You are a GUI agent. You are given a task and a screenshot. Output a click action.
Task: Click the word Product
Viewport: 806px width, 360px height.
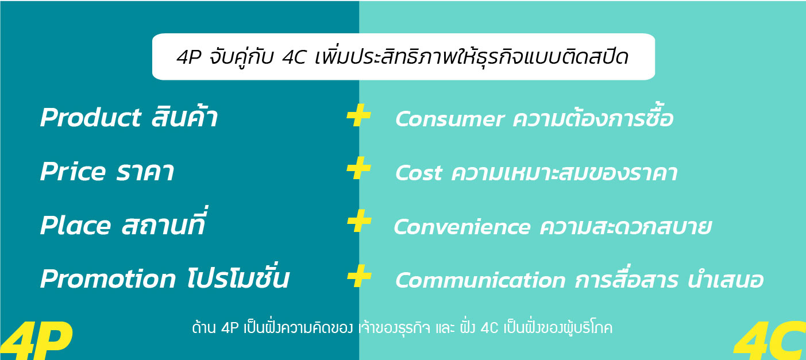[91, 117]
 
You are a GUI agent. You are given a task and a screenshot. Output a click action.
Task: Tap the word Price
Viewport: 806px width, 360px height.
[73, 171]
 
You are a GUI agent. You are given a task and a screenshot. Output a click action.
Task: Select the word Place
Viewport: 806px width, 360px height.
[75, 226]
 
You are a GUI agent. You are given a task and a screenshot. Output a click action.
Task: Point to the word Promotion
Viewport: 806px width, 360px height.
[107, 278]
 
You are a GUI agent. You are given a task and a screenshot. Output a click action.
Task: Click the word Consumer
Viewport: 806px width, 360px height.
[449, 119]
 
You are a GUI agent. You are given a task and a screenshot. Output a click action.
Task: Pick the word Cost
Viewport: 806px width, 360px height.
[418, 173]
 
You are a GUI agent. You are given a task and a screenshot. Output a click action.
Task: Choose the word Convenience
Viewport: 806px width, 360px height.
[462, 227]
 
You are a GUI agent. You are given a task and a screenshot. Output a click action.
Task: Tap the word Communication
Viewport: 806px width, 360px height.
[480, 280]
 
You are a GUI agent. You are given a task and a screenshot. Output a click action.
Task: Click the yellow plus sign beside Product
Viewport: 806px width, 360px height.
[358, 115]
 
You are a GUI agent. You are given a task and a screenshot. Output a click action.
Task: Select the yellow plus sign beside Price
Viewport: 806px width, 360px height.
[358, 168]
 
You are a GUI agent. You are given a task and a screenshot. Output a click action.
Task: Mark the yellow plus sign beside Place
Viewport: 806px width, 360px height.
[359, 221]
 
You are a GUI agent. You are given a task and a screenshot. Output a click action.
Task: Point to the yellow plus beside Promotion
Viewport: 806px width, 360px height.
[359, 276]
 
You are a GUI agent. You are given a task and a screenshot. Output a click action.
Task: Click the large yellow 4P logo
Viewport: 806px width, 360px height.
[36, 340]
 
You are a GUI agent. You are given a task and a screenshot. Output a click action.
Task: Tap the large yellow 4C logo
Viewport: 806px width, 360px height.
[770, 340]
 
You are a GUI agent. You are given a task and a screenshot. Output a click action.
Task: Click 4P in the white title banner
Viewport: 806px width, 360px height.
[188, 57]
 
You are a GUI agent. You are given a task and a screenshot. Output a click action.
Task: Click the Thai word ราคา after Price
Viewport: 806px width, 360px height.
[145, 171]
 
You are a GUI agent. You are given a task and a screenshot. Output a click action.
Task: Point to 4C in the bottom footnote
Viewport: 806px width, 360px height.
[489, 328]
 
